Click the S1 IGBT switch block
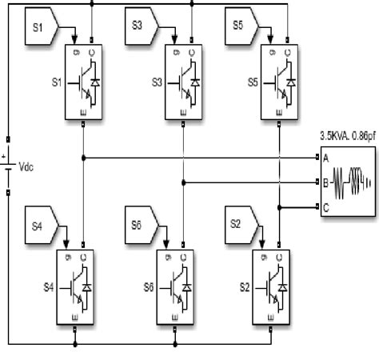pyautogui.click(x=83, y=83)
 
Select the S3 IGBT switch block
pyautogui.click(x=185, y=83)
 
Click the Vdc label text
pyautogui.click(x=26, y=169)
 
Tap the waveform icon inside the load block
pyautogui.click(x=351, y=182)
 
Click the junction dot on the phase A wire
pyautogui.click(x=83, y=157)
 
